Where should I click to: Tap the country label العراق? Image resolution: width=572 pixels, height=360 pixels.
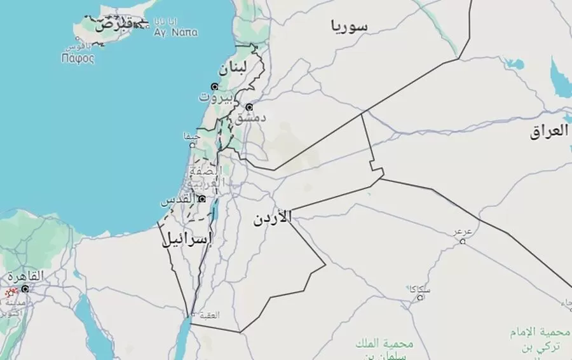550,132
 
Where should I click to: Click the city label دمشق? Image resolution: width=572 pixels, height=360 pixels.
251,118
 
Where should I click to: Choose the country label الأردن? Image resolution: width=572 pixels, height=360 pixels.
272,219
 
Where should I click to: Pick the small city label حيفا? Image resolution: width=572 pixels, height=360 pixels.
191,135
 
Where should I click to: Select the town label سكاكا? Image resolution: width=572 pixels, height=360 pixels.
420,289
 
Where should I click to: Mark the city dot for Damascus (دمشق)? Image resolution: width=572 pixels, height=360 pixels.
249,107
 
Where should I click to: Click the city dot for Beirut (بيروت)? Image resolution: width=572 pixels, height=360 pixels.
215,87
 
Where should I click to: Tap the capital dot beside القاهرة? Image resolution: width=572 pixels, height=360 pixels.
25,288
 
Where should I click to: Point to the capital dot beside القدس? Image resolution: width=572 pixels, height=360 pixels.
202,199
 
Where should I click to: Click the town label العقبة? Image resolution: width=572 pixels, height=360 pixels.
210,314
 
